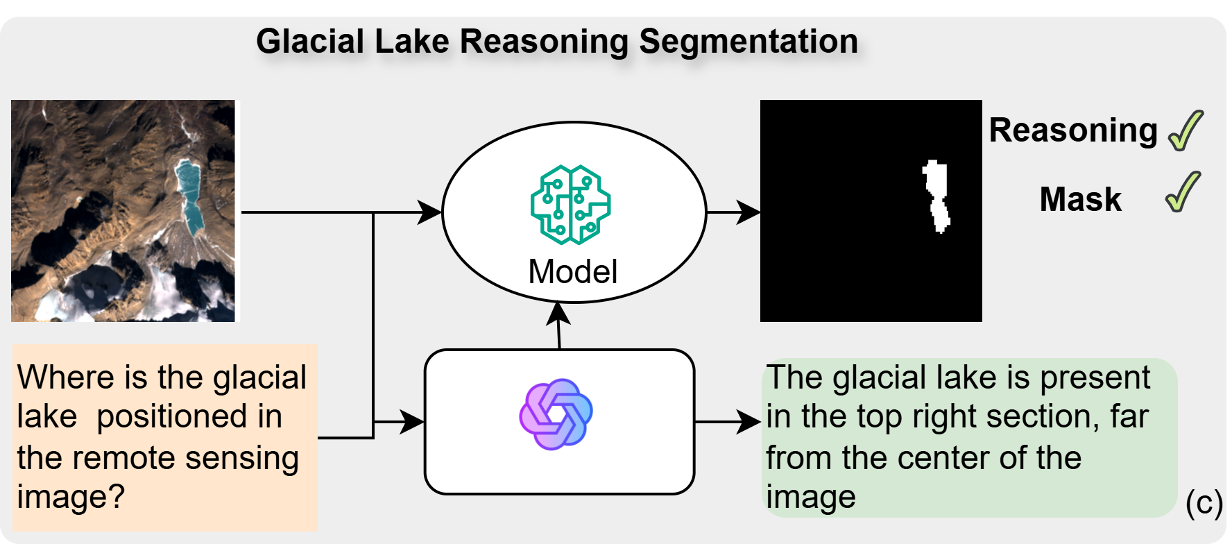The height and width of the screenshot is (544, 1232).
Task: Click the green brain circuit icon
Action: pyautogui.click(x=570, y=205)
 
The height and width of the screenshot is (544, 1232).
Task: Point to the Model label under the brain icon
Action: pyautogui.click(x=572, y=271)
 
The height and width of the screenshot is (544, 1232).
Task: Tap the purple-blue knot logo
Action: pyautogui.click(x=556, y=414)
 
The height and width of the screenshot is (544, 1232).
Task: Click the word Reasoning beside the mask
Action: pyautogui.click(x=1073, y=130)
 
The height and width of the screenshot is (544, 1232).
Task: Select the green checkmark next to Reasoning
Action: pyautogui.click(x=1186, y=130)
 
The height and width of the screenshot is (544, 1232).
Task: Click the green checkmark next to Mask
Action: pyautogui.click(x=1183, y=192)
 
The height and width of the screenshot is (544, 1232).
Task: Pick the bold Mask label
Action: pyautogui.click(x=1080, y=200)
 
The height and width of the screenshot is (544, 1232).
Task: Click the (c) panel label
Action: pyautogui.click(x=1204, y=502)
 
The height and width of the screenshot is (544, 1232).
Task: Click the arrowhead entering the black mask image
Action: pyautogui.click(x=749, y=212)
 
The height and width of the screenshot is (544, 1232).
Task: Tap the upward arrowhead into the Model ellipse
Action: pyautogui.click(x=558, y=314)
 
